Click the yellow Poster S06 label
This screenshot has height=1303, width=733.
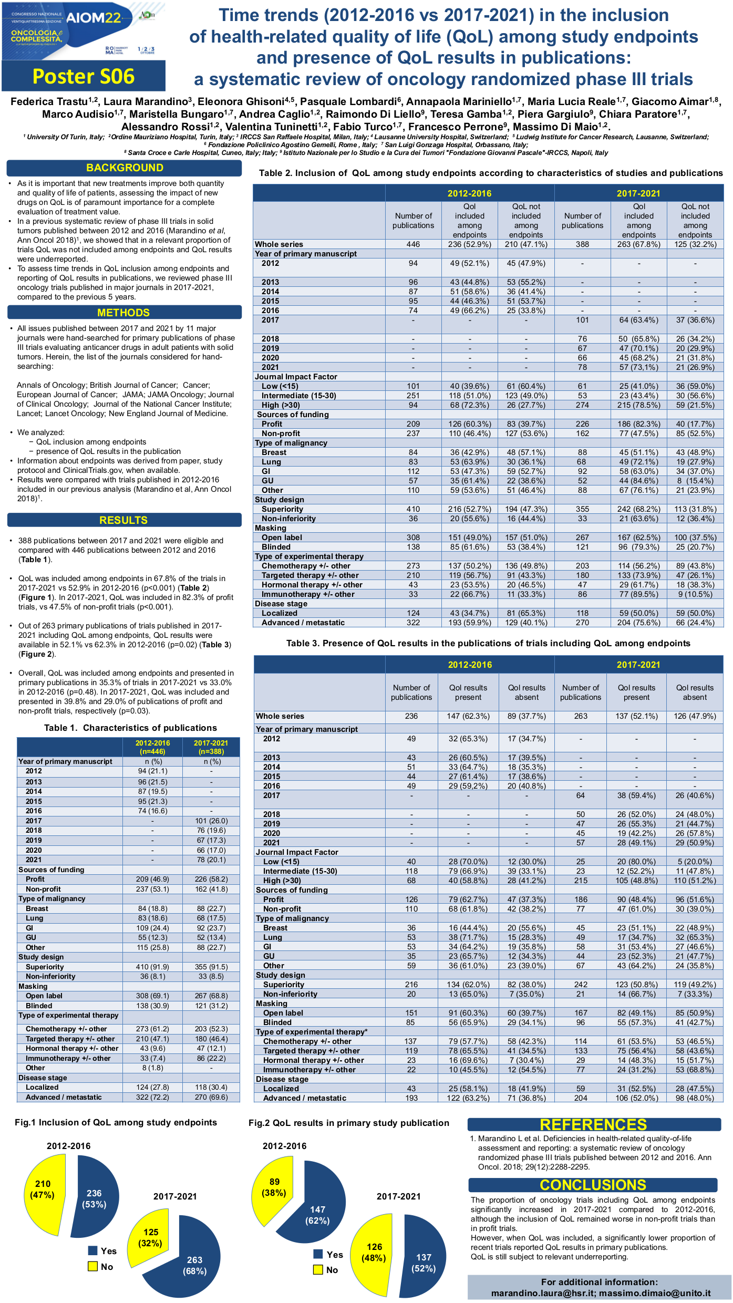[x=84, y=77]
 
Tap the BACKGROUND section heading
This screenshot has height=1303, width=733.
[x=125, y=168]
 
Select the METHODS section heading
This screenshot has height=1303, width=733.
[x=123, y=313]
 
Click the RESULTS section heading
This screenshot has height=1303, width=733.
[x=123, y=520]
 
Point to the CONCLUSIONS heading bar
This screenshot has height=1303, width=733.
[x=593, y=1185]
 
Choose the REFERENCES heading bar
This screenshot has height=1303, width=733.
[x=593, y=1124]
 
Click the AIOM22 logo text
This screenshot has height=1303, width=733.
[x=94, y=18]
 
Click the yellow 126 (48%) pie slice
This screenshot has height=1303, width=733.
[x=374, y=1253]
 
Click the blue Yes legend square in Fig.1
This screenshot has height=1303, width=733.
[x=93, y=1250]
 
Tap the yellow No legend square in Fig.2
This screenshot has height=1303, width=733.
[x=318, y=1269]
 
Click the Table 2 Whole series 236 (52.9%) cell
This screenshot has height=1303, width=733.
[x=469, y=244]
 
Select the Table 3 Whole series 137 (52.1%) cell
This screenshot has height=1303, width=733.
[x=636, y=716]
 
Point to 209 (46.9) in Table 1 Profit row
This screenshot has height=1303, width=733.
[x=152, y=879]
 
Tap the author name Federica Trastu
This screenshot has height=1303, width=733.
[x=49, y=101]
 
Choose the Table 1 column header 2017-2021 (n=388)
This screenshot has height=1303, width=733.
[x=211, y=747]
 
